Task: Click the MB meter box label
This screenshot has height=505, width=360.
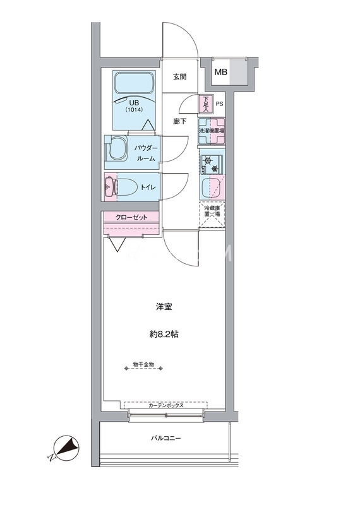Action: pyautogui.click(x=221, y=72)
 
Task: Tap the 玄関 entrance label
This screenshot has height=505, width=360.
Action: pyautogui.click(x=179, y=77)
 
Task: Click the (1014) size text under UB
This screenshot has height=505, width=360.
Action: pyautogui.click(x=134, y=109)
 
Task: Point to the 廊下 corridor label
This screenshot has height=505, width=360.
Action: pyautogui.click(x=179, y=121)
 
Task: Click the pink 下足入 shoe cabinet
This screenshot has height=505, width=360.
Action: pyautogui.click(x=206, y=104)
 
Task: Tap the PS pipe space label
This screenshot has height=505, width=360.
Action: pyautogui.click(x=219, y=104)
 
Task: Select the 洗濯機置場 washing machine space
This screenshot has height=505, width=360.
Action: pyautogui.click(x=212, y=131)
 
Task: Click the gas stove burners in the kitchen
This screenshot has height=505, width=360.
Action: pyautogui.click(x=212, y=164)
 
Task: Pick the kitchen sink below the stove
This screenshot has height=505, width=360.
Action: pyautogui.click(x=211, y=188)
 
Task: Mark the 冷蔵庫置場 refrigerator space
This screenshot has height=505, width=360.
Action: pyautogui.click(x=212, y=214)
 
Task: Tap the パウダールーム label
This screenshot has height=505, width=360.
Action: pyautogui.click(x=146, y=153)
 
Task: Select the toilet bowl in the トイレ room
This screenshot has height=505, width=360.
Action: pyautogui.click(x=126, y=187)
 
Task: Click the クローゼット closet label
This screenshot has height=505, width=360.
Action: pyautogui.click(x=131, y=217)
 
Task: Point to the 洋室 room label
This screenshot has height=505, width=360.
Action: pyautogui.click(x=164, y=307)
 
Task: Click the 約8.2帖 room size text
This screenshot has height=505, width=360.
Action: pyautogui.click(x=164, y=335)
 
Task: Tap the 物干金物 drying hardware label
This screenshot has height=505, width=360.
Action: pyautogui.click(x=143, y=365)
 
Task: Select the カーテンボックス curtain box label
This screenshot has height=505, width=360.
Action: pyautogui.click(x=166, y=406)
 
